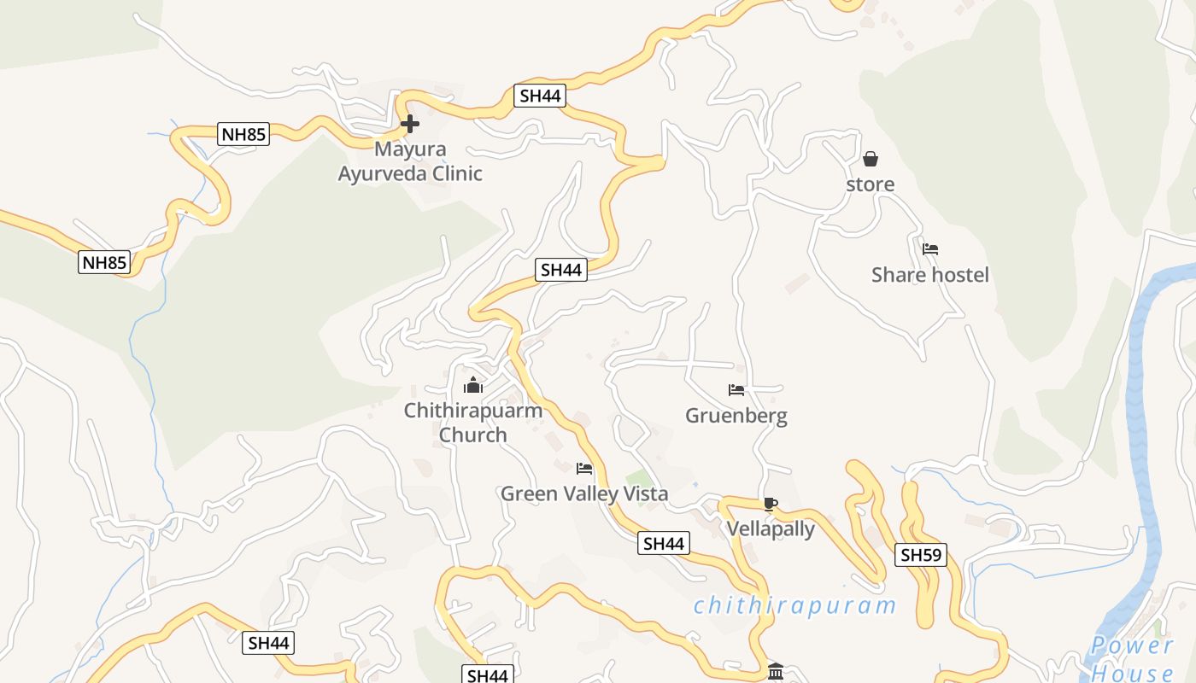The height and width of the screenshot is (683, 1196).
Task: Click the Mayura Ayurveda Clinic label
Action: point(410,161)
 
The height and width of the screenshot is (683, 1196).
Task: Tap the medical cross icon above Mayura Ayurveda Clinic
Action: point(410,124)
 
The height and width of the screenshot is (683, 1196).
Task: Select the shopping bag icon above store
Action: point(871,159)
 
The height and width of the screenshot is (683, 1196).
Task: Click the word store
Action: point(871,184)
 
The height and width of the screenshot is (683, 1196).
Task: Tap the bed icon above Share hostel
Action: point(930,249)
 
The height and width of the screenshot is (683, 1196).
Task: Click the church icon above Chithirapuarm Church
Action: point(473,385)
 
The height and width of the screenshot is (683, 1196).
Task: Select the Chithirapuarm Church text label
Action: point(473,423)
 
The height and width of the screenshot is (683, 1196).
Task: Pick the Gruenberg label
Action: point(736,416)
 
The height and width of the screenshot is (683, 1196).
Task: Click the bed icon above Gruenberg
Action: point(736,390)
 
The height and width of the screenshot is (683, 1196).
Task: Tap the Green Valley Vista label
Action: point(584,493)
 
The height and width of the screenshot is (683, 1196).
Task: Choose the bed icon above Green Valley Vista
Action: point(584,468)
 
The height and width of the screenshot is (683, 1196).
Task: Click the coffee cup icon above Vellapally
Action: point(771,504)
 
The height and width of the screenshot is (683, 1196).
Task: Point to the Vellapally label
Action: point(771,529)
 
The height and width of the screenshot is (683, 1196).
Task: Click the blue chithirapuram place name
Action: point(794,606)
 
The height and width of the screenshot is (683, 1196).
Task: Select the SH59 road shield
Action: point(922,555)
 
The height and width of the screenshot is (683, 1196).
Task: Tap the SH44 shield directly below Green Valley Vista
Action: point(664,543)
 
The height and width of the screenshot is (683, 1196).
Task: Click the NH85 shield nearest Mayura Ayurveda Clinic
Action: point(244,134)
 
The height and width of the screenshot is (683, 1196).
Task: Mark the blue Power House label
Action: point(1133,658)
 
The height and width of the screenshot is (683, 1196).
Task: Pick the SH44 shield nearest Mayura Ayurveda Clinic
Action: point(540,96)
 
